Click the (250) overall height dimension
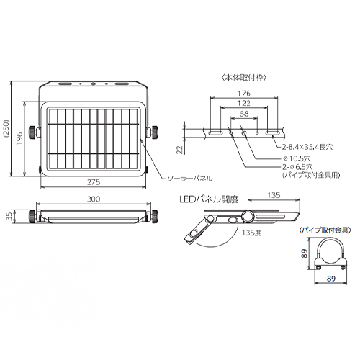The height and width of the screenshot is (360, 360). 6,128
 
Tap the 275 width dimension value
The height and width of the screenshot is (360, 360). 94,182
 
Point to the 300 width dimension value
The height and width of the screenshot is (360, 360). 94,199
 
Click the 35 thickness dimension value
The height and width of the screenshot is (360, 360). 9,217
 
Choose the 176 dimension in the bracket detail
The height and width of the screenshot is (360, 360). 244,93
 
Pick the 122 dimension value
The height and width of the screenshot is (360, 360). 244,103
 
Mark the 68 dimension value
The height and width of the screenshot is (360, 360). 244,114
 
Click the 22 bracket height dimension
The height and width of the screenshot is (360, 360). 181,150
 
